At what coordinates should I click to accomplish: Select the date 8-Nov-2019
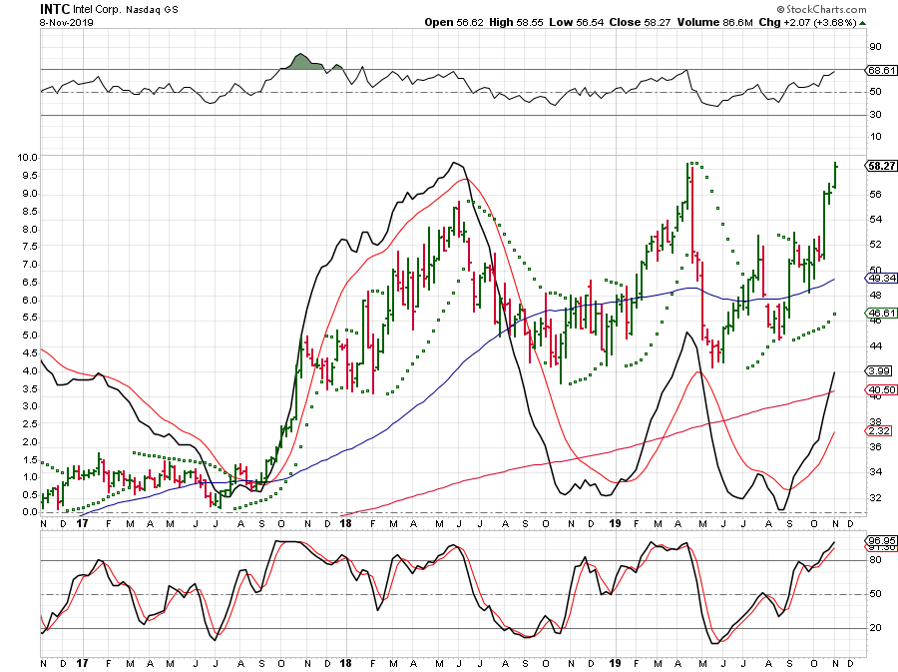[65, 21]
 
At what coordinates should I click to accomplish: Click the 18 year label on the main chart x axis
[345, 521]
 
